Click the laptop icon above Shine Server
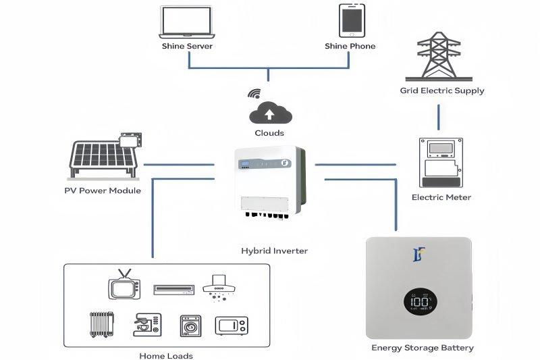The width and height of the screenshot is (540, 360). [x=187, y=22]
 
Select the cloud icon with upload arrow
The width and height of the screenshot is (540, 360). [x=270, y=110]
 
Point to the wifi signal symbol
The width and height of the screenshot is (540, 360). [x=254, y=93]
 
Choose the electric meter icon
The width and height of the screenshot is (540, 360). [x=440, y=163]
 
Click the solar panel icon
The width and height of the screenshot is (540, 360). [x=105, y=156]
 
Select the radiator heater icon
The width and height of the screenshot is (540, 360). [x=99, y=324]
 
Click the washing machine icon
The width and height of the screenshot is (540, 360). [x=190, y=326]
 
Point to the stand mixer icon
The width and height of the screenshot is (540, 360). [x=145, y=324]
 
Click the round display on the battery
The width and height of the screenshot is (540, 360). [x=419, y=301]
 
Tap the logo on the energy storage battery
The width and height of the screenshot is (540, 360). [x=418, y=255]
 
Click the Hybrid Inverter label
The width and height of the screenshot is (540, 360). [x=274, y=251]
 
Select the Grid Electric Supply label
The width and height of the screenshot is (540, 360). [x=442, y=91]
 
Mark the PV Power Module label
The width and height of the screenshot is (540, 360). [x=103, y=190]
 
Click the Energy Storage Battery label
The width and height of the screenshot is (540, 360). [x=423, y=348]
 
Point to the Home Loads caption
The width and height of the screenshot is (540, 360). [x=165, y=355]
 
